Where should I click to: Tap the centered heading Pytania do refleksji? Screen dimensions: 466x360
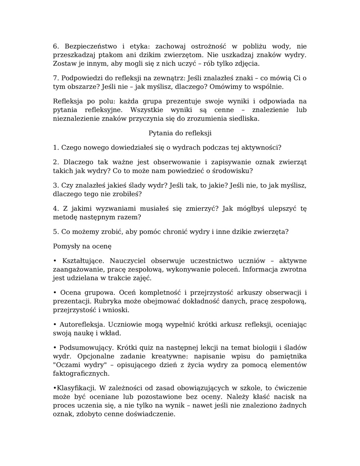(x=180, y=133)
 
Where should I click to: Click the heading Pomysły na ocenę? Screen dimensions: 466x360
(x=82, y=246)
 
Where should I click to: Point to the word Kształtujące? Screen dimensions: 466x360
(x=83, y=261)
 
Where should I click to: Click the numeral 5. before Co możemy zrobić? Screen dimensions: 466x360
(x=56, y=232)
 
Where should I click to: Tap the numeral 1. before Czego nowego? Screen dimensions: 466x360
(x=56, y=148)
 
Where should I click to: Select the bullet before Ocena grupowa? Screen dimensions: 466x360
(x=55, y=292)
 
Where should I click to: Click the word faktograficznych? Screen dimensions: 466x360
(x=81, y=374)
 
